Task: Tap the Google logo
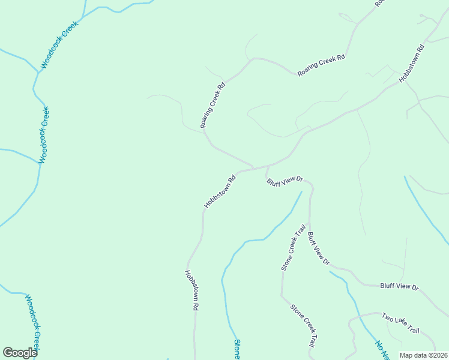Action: tap(20, 353)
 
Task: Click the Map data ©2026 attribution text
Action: tap(423, 355)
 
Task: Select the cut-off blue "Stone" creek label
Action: tap(237, 349)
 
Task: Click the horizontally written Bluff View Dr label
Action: tap(399, 287)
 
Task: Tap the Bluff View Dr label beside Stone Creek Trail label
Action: tap(319, 248)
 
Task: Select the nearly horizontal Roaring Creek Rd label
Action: tap(321, 66)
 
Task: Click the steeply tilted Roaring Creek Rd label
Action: tap(213, 105)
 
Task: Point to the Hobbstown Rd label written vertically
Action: tap(191, 290)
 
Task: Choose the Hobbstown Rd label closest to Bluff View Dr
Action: tap(219, 191)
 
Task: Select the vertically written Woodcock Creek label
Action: tap(44, 136)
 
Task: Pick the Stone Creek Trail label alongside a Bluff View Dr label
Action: tap(290, 248)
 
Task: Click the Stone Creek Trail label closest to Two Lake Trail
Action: tap(303, 326)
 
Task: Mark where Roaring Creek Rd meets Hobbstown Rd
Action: tap(253, 167)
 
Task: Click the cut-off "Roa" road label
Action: tap(379, 4)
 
